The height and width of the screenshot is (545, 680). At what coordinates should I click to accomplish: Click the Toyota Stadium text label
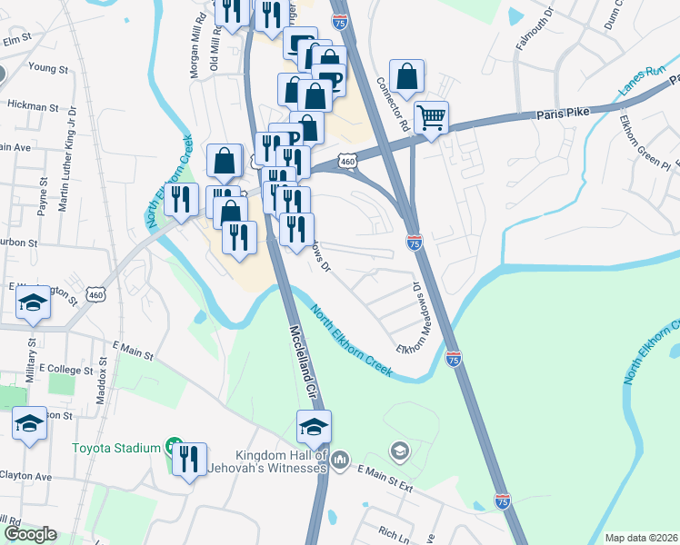point(116,447)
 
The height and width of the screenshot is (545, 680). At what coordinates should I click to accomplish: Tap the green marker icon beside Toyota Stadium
point(170,447)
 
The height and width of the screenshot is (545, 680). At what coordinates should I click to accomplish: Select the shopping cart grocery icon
point(431,116)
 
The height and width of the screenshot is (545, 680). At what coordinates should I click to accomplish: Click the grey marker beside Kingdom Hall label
point(340,461)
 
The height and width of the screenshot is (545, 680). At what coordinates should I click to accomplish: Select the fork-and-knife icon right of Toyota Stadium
point(189,460)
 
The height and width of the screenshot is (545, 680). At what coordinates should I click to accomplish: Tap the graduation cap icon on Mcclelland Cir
point(314,427)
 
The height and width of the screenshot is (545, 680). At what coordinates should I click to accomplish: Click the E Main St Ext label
point(385,473)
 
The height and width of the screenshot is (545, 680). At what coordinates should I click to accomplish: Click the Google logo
point(30,534)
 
